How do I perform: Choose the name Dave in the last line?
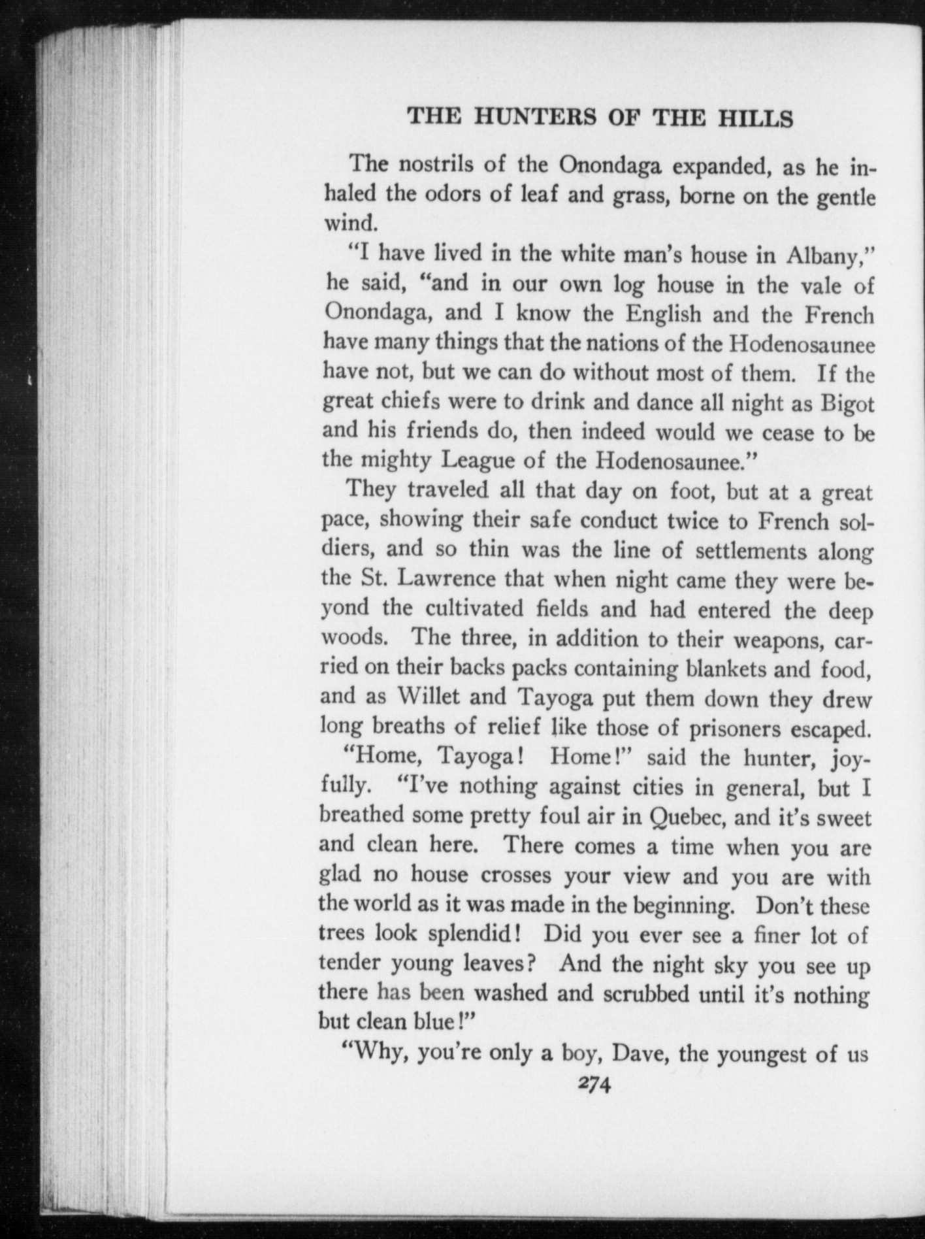pos(640,1053)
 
